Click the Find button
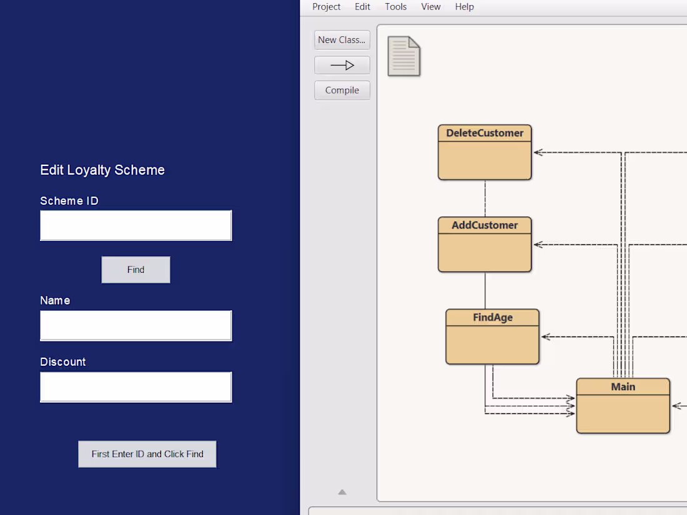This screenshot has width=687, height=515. coord(136,270)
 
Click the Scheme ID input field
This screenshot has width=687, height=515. coord(136,225)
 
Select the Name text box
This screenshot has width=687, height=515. coord(136,325)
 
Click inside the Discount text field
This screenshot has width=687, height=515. coord(136,387)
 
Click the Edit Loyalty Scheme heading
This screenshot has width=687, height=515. coord(102,170)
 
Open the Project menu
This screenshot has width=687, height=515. coord(326,7)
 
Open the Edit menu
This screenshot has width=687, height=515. coord(362,7)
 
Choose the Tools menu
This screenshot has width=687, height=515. coord(395,7)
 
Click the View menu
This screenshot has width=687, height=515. coord(430,7)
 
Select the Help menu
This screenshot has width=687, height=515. coord(464,7)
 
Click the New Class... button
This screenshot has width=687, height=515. coord(342,40)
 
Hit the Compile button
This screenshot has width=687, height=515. coord(342,91)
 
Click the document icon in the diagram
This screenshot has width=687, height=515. coord(403,56)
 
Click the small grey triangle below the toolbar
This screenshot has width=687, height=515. coord(342,492)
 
